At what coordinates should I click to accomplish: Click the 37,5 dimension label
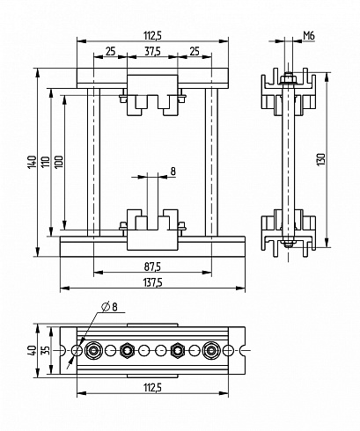click(x=152, y=52)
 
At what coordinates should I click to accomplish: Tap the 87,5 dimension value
click(x=152, y=267)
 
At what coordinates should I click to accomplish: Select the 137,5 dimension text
click(x=152, y=282)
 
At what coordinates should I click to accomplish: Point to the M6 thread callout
click(x=309, y=36)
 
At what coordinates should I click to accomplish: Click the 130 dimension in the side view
click(x=321, y=159)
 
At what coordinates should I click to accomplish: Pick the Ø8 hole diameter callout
click(x=109, y=307)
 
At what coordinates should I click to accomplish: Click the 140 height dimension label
click(x=32, y=162)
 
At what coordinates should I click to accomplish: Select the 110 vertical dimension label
click(x=46, y=162)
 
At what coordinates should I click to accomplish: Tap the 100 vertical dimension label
click(x=59, y=162)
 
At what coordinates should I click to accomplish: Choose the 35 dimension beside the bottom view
click(x=46, y=350)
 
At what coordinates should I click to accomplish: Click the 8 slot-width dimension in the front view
click(x=173, y=172)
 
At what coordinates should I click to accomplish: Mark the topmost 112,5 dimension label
click(x=152, y=36)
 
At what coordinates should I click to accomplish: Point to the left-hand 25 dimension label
click(x=110, y=52)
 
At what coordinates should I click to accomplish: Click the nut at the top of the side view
click(x=289, y=79)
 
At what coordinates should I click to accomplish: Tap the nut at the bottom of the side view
click(x=289, y=243)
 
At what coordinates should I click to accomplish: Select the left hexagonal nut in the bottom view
click(x=127, y=350)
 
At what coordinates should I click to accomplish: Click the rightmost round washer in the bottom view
click(x=210, y=350)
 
